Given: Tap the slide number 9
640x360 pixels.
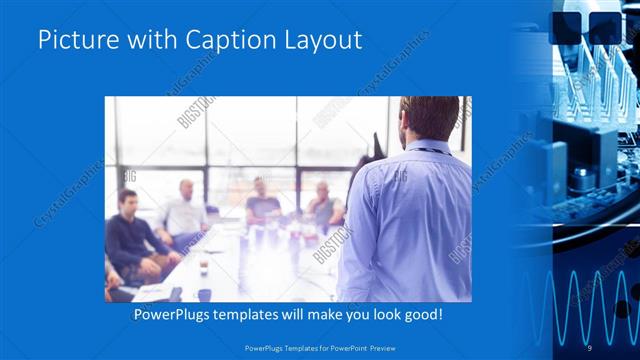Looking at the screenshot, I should point(589,347).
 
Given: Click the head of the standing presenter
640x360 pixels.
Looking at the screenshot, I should point(429,117).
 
